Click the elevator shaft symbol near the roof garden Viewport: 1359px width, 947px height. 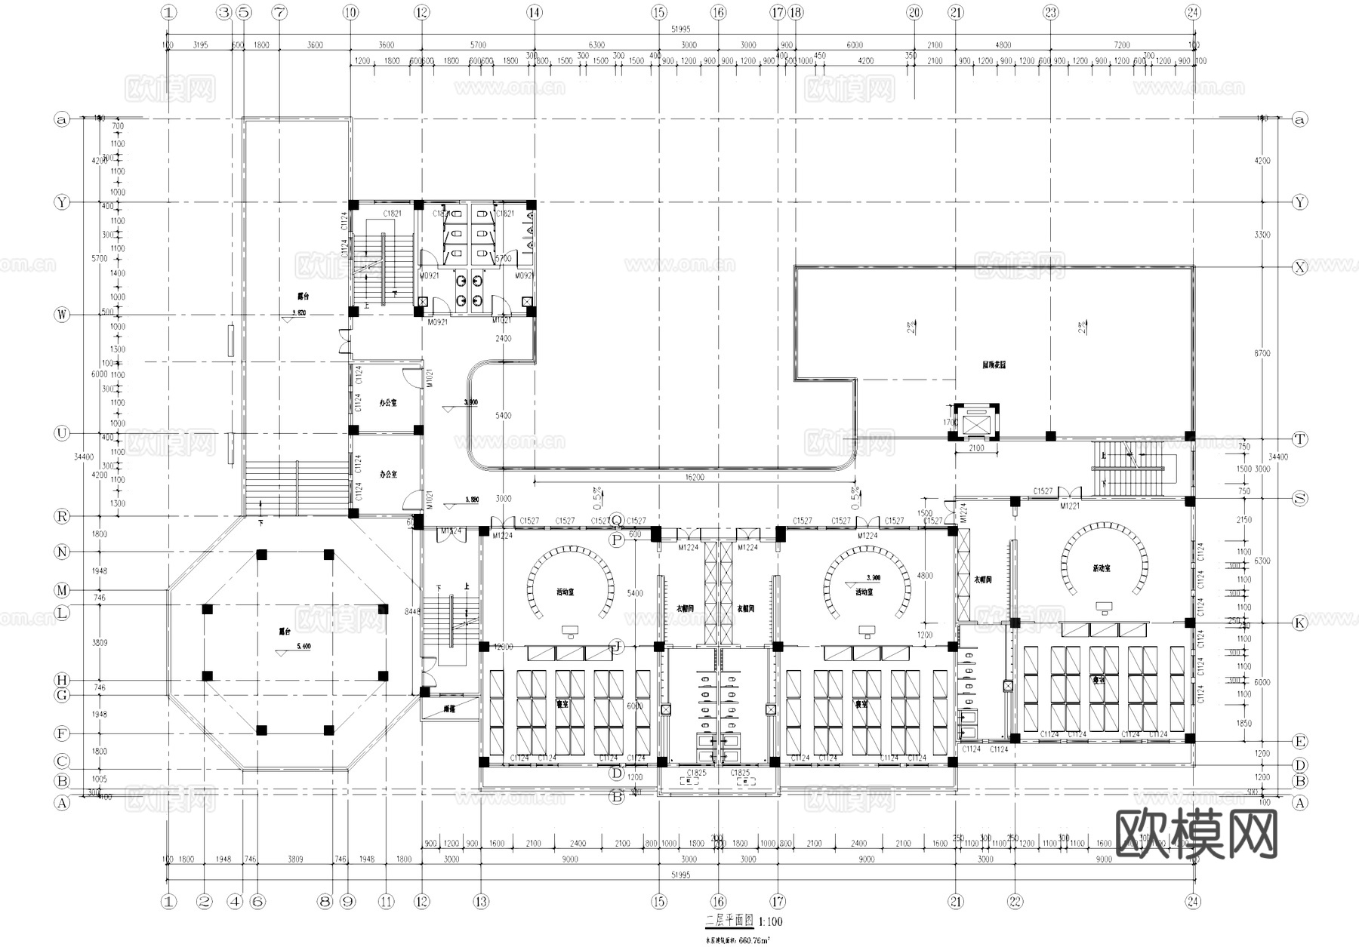[x=975, y=425]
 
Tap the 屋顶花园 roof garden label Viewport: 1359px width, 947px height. [x=994, y=364]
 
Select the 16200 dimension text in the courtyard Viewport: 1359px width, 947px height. [x=695, y=477]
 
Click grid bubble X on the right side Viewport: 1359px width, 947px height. [x=1299, y=267]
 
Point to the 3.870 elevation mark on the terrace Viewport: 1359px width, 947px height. [x=299, y=311]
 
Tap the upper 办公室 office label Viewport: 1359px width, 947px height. [x=388, y=403]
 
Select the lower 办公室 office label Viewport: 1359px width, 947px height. [x=388, y=474]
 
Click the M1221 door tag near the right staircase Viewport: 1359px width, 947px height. [x=1069, y=506]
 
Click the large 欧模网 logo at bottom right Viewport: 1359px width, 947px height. [x=1197, y=835]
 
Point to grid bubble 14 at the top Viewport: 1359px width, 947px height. [x=535, y=12]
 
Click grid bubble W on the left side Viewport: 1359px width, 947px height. [x=62, y=315]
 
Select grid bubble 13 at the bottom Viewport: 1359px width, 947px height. [x=481, y=901]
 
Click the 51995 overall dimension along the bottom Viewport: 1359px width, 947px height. [x=679, y=874]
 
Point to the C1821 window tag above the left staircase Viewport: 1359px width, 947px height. [x=392, y=214]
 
